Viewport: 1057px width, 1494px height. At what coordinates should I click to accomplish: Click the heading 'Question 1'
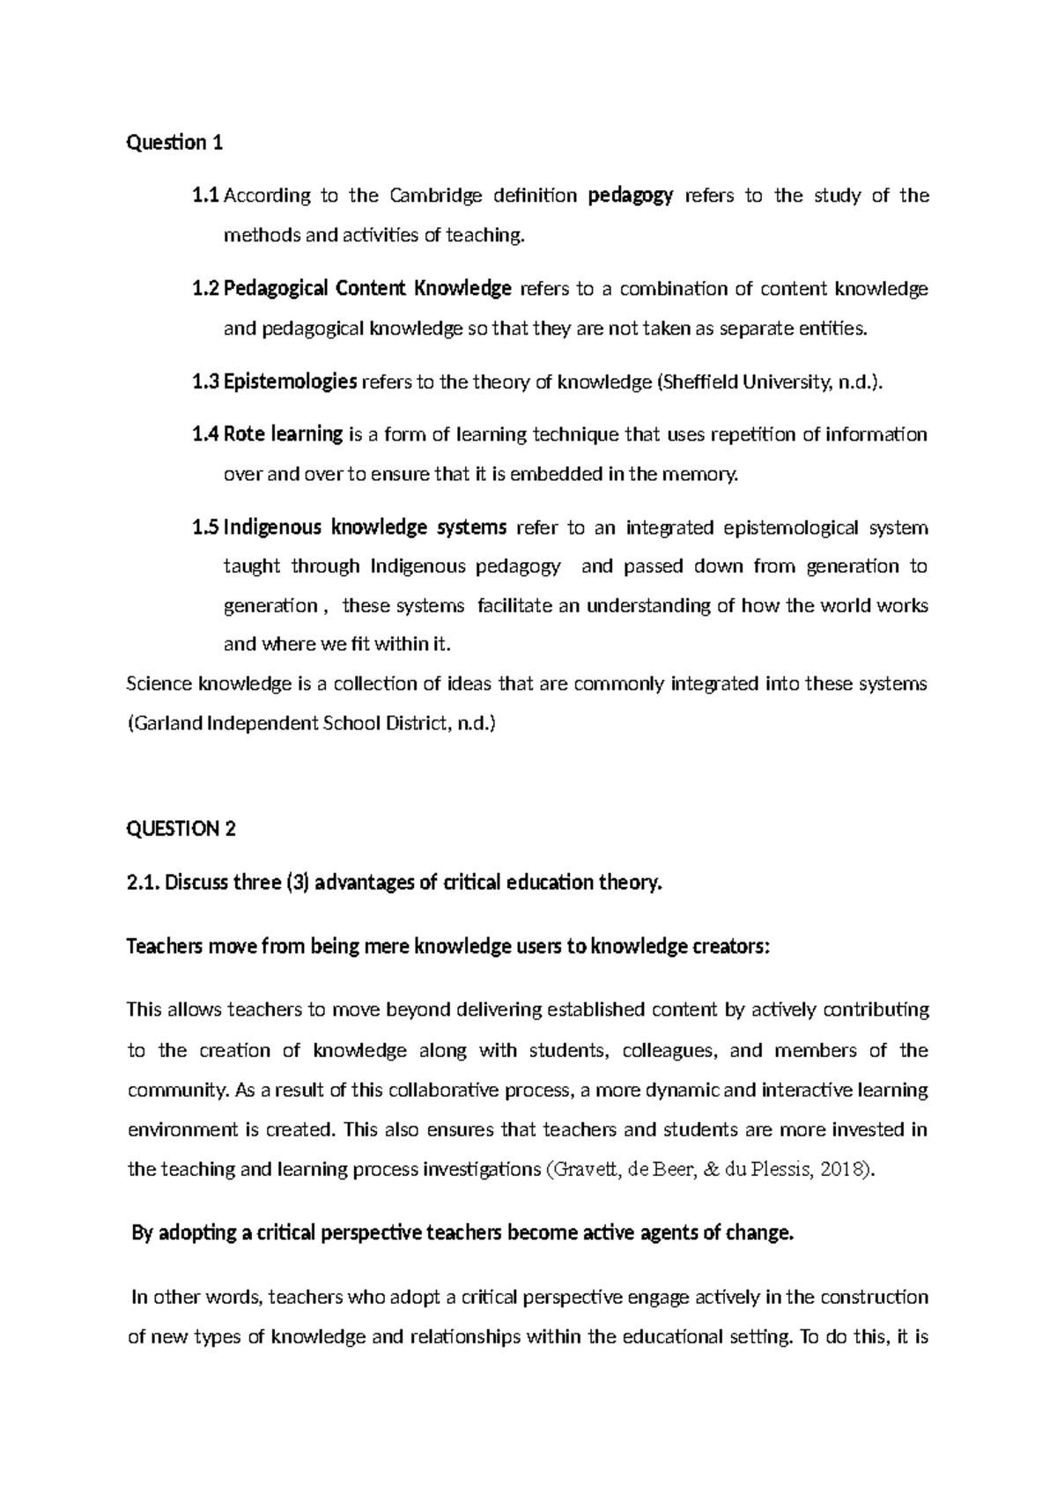click(x=174, y=143)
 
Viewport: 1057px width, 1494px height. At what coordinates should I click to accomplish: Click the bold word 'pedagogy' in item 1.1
click(x=630, y=196)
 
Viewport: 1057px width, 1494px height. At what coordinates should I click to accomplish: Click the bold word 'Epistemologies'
click(x=290, y=382)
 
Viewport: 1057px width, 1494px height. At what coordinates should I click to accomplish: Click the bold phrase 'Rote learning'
click(x=283, y=434)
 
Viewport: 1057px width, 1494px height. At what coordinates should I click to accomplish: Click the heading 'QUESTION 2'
click(x=181, y=829)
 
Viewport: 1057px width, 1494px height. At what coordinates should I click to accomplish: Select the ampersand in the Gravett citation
click(x=713, y=1170)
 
